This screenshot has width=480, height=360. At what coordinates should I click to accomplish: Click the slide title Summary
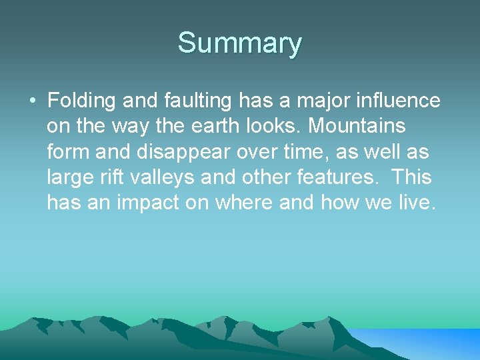tap(239, 43)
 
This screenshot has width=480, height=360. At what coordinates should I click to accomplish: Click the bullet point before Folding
tap(32, 101)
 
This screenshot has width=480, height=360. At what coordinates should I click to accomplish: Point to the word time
tap(279, 152)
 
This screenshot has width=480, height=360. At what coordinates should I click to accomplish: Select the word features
tap(345, 178)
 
